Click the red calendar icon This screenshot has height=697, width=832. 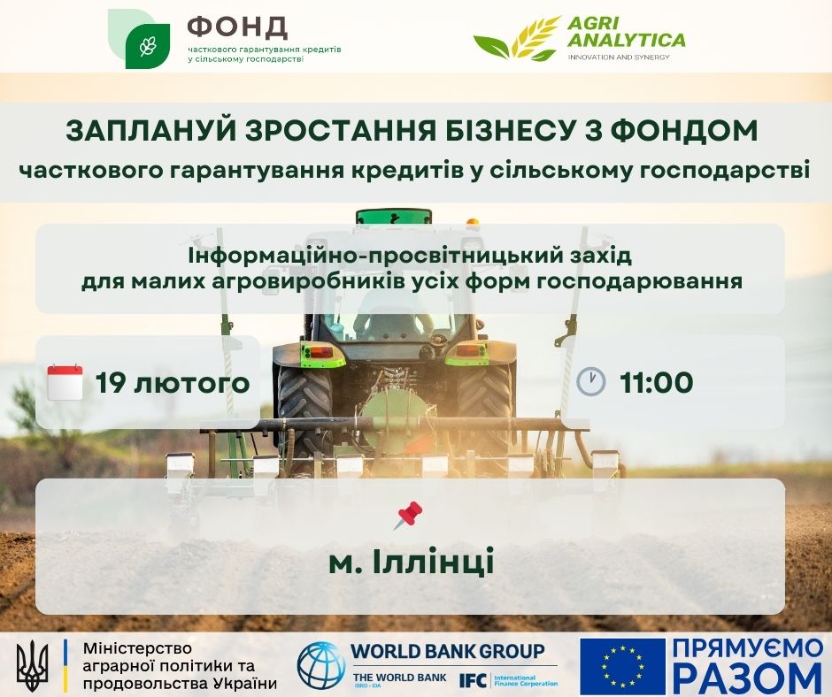(x=65, y=382)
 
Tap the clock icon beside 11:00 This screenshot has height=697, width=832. (x=590, y=381)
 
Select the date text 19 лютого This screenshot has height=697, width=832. (x=173, y=382)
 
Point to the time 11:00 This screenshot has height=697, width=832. (x=657, y=382)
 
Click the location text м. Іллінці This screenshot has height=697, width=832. (x=412, y=562)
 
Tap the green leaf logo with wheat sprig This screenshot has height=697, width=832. (x=139, y=39)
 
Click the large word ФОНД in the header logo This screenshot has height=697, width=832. (x=237, y=27)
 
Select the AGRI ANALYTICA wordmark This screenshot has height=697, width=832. (x=626, y=32)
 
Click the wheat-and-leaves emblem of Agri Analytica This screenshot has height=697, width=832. (x=518, y=37)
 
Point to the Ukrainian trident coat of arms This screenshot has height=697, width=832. (x=33, y=662)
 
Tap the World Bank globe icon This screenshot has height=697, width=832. (x=321, y=665)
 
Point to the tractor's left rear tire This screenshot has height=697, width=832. (x=304, y=409)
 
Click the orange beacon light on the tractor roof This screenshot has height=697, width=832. (x=473, y=221)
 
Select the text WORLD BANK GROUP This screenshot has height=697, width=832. (x=449, y=651)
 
